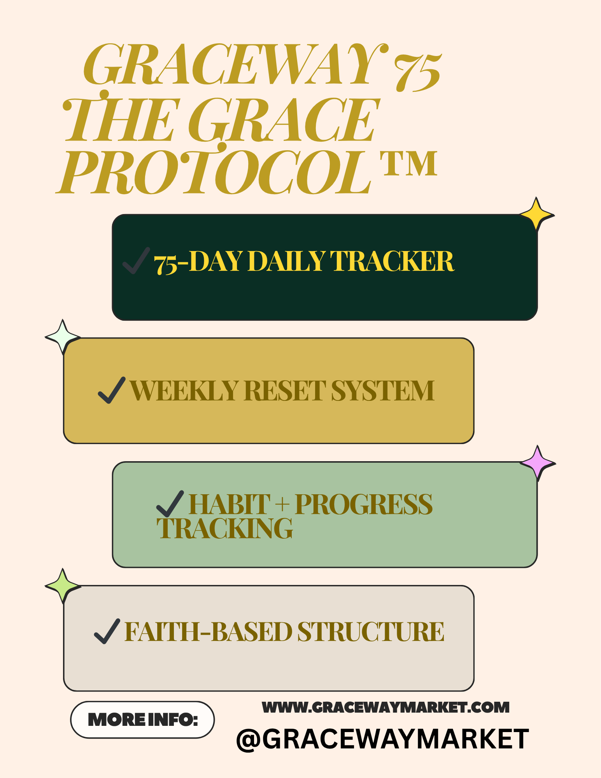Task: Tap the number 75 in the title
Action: (417, 72)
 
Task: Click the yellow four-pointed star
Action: (536, 214)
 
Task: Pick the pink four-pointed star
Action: (538, 463)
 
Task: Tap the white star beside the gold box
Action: (63, 337)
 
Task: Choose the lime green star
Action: (63, 586)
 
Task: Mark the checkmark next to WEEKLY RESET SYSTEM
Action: (112, 390)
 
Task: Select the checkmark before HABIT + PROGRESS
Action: (170, 503)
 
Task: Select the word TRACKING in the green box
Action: (225, 529)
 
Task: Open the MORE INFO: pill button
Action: (142, 720)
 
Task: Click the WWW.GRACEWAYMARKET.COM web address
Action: (386, 707)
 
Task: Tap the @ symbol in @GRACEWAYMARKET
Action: (249, 739)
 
